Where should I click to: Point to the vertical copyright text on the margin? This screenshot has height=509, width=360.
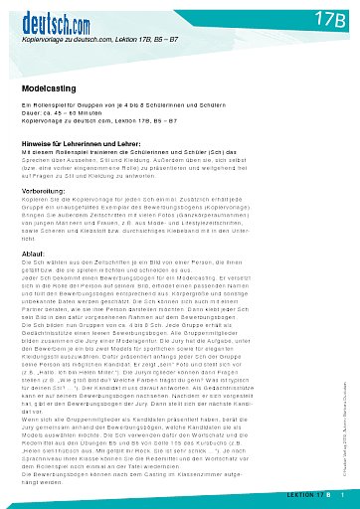[x=343, y=419]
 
